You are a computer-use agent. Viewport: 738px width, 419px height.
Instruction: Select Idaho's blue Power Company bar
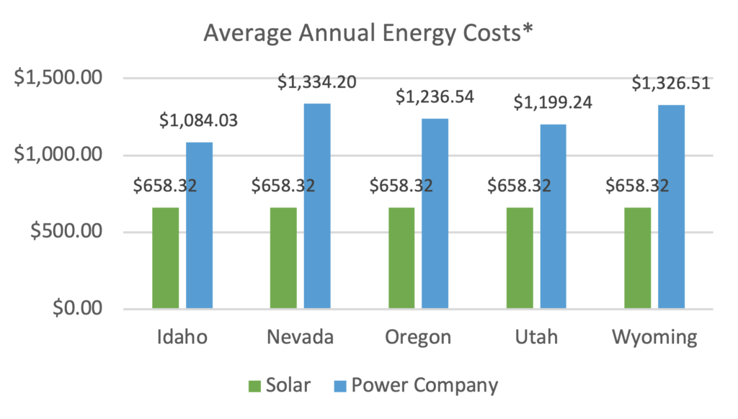[x=200, y=225]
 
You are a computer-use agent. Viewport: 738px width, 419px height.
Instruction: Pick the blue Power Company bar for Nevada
[x=317, y=206]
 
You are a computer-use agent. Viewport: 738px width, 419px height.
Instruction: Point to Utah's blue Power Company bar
[x=553, y=217]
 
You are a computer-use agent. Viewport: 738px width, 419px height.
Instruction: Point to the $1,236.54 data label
[x=435, y=97]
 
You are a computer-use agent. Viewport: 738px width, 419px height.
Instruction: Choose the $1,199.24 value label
[x=553, y=103]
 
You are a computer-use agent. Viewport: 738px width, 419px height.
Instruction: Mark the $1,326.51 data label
[x=671, y=83]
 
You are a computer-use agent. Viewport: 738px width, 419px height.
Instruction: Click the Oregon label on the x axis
[x=418, y=338]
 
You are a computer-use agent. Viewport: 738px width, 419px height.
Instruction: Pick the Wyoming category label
[x=654, y=338]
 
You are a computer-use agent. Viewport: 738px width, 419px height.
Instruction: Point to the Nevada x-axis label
[x=300, y=338]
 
